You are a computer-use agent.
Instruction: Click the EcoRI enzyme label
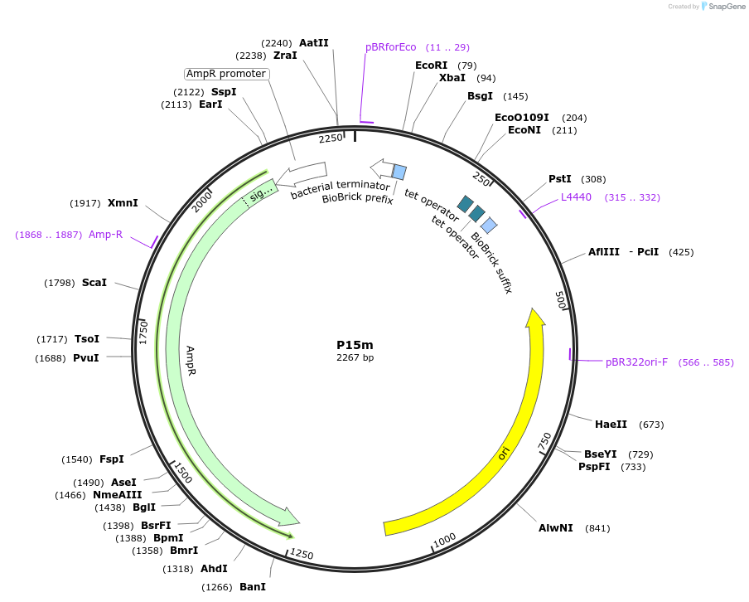(x=431, y=66)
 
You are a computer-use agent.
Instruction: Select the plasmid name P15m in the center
(x=355, y=345)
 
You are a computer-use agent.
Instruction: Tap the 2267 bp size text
(x=355, y=358)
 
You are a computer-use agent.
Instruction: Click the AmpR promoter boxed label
(x=226, y=74)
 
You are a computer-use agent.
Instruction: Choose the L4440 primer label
(x=576, y=197)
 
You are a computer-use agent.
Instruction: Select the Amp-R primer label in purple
(x=105, y=235)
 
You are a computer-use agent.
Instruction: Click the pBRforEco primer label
(x=391, y=47)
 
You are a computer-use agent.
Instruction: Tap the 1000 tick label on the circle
(x=445, y=540)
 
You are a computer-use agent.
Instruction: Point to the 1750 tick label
(x=143, y=333)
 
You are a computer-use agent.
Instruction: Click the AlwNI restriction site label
(x=555, y=528)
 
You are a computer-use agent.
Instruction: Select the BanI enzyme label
(x=253, y=587)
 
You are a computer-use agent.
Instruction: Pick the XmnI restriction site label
(x=123, y=203)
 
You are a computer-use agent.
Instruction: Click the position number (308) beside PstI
(x=593, y=179)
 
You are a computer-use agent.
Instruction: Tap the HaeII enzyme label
(x=611, y=425)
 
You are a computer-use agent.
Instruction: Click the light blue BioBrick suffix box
(x=489, y=225)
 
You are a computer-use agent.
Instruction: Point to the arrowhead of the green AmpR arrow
(x=291, y=518)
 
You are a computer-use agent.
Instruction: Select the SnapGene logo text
(x=722, y=7)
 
